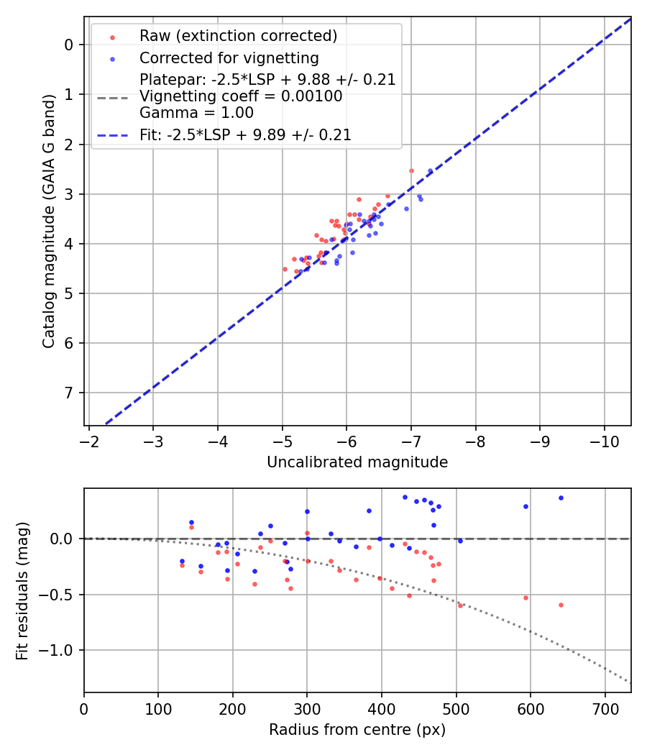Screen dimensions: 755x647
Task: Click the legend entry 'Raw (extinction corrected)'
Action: pyautogui.click(x=238, y=36)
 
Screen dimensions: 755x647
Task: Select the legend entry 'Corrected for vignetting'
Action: pyautogui.click(x=229, y=58)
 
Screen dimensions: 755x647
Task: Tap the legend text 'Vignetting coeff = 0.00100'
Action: pyautogui.click(x=241, y=96)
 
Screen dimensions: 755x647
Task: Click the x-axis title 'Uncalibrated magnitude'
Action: pyautogui.click(x=357, y=462)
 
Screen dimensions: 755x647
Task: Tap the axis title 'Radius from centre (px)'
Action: pyautogui.click(x=357, y=730)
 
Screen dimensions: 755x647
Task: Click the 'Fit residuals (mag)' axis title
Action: pyautogui.click(x=22, y=590)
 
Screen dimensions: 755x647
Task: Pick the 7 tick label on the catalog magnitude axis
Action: pyautogui.click(x=69, y=393)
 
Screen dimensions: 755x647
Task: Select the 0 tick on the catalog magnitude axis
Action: pyautogui.click(x=69, y=45)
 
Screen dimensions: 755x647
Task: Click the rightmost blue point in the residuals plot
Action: pyautogui.click(x=561, y=498)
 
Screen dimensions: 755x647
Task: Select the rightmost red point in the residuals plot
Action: pyautogui.click(x=561, y=605)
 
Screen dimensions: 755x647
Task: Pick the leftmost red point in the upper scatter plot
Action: pyautogui.click(x=285, y=269)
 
